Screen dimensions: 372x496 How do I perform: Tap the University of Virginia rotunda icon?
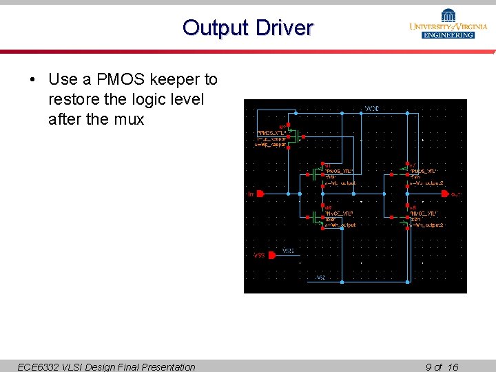pos(448,15)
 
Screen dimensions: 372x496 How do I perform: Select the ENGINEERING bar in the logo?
pos(448,35)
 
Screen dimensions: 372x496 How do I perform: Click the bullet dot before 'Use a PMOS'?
pos(33,80)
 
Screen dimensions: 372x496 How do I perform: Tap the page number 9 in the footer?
pos(430,366)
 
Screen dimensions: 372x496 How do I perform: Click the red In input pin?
pos(260,194)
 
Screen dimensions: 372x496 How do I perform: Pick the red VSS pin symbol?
pos(271,255)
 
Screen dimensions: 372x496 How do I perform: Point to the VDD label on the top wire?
pos(371,108)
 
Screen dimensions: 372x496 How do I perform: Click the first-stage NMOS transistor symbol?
pos(317,216)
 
